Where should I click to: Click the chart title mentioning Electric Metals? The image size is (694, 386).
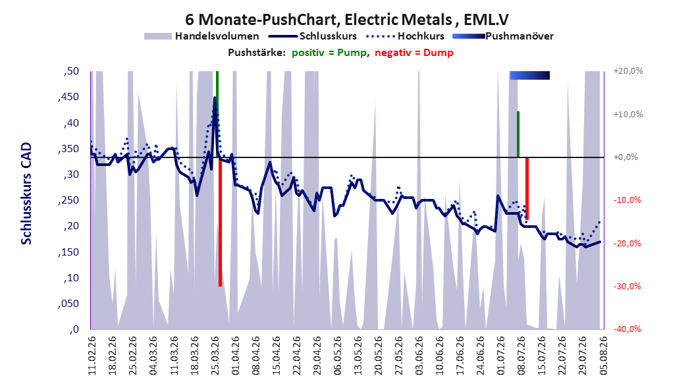coord(346,19)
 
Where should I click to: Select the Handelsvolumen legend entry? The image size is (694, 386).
coord(202,36)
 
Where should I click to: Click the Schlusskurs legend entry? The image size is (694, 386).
coord(313,36)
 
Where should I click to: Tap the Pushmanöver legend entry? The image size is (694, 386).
coord(503,36)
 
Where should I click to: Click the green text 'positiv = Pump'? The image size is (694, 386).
coord(329,53)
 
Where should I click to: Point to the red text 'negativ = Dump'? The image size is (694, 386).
coord(414,53)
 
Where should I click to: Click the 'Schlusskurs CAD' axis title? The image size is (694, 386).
coord(26,194)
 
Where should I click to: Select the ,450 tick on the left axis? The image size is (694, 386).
coord(68,97)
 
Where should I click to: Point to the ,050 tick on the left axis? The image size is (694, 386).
coord(68,304)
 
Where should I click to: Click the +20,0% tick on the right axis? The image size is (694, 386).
coord(628,71)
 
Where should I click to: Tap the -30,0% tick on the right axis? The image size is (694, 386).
coord(627,287)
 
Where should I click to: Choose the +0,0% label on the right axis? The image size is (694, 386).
coord(626,157)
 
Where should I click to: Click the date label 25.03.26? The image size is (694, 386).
coord(215,356)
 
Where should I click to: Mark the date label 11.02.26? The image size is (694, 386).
coord(92,356)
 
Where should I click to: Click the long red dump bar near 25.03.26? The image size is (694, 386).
coord(220,222)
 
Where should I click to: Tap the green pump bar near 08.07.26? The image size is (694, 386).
coord(518,134)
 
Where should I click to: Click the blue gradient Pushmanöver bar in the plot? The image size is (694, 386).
coord(530,75)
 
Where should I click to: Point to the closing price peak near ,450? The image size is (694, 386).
coord(215,98)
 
